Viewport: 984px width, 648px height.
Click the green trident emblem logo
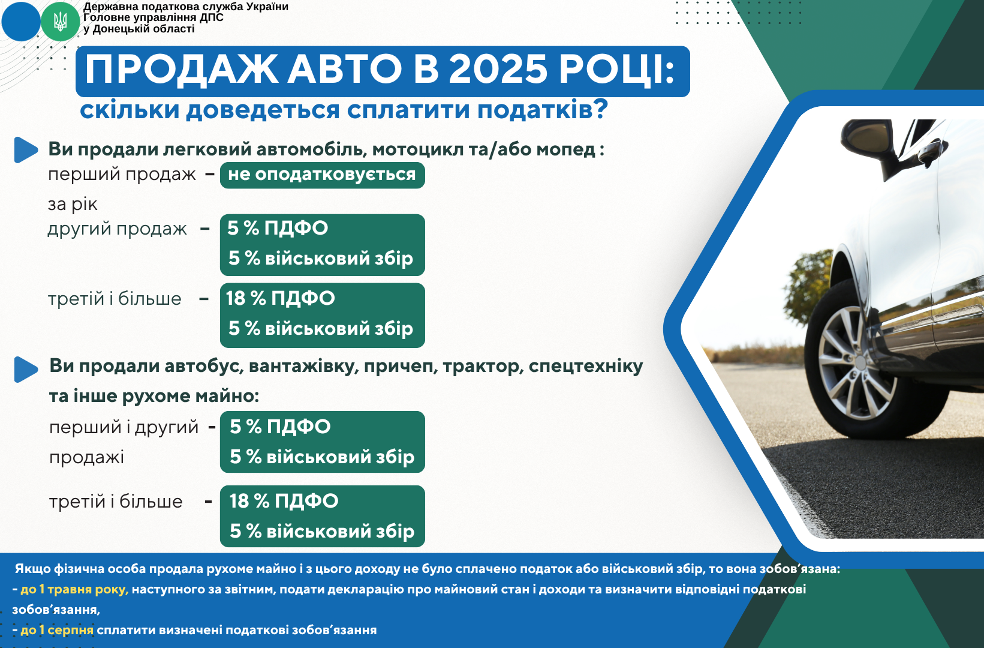[60, 22]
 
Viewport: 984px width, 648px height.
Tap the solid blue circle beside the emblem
[20, 22]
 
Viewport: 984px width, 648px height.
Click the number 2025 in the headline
[498, 70]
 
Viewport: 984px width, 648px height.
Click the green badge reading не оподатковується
[323, 175]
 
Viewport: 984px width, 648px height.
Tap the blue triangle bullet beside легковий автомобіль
[26, 150]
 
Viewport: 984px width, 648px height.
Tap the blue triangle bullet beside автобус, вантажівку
[26, 369]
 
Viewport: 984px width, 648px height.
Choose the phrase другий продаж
[118, 229]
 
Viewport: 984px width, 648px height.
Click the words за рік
[73, 205]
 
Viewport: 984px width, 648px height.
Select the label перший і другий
[124, 427]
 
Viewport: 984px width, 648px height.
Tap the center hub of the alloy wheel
[860, 363]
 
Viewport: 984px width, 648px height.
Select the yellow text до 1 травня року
[74, 590]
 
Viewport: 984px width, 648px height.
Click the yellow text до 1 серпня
[57, 631]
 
